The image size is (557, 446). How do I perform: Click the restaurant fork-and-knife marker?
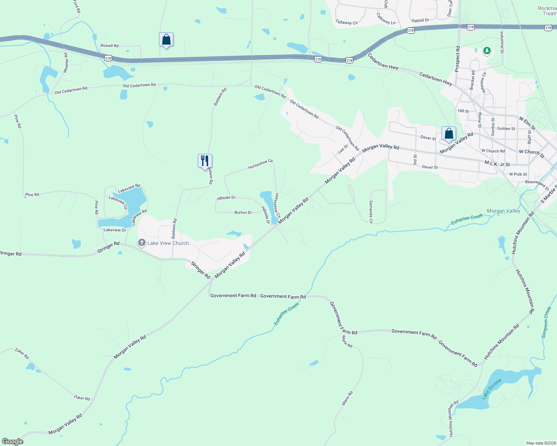pyautogui.click(x=205, y=161)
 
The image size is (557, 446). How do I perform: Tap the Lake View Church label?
pyautogui.click(x=168, y=243)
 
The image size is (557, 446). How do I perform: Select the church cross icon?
pyautogui.click(x=141, y=243)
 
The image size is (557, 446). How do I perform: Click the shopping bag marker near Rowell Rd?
pyautogui.click(x=166, y=39)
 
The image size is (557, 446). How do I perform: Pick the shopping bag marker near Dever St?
pyautogui.click(x=449, y=133)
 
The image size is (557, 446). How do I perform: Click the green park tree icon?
pyautogui.click(x=487, y=51)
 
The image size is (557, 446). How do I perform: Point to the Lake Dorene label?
pyautogui.click(x=491, y=389)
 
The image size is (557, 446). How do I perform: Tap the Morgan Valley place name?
pyautogui.click(x=503, y=211)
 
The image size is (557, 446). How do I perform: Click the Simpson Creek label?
pyautogui.click(x=546, y=322)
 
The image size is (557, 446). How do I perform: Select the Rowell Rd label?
pyautogui.click(x=109, y=46)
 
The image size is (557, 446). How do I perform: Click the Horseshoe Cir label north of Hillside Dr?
pyautogui.click(x=261, y=164)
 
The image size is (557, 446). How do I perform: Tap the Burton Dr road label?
pyautogui.click(x=243, y=213)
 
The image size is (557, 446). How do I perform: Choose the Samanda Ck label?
pyautogui.click(x=371, y=212)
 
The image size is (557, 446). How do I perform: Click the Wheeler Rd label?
pyautogui.click(x=66, y=63)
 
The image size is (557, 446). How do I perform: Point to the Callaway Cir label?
pyautogui.click(x=346, y=22)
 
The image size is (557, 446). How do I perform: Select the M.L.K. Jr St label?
pyautogui.click(x=497, y=164)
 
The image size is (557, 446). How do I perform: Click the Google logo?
pyautogui.click(x=12, y=442)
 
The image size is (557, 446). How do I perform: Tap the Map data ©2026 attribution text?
pyautogui.click(x=540, y=443)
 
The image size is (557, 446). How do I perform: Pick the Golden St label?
pyautogui.click(x=506, y=129)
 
